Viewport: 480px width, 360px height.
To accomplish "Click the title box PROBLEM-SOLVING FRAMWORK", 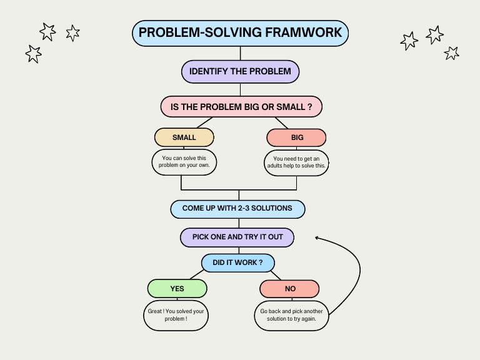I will (x=240, y=32).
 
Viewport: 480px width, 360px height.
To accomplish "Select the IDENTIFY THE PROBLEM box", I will (x=240, y=71).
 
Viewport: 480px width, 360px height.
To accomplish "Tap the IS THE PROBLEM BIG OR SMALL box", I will (x=241, y=106).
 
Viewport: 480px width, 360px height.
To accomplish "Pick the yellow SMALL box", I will (x=184, y=137).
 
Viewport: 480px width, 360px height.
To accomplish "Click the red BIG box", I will (x=296, y=137).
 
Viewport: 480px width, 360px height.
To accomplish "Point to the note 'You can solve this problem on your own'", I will (x=184, y=162).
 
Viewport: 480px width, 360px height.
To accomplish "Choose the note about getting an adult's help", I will (x=296, y=162).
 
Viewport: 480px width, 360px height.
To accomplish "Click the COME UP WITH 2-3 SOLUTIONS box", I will (x=237, y=209).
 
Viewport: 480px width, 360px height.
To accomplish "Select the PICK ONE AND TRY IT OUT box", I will (x=237, y=237).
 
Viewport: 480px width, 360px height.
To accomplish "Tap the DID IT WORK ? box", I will (x=237, y=262).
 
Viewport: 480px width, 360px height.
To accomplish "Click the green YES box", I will (x=177, y=289).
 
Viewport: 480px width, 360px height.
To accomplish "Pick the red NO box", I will (x=289, y=289).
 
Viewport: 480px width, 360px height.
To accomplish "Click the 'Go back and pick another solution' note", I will (x=292, y=315).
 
